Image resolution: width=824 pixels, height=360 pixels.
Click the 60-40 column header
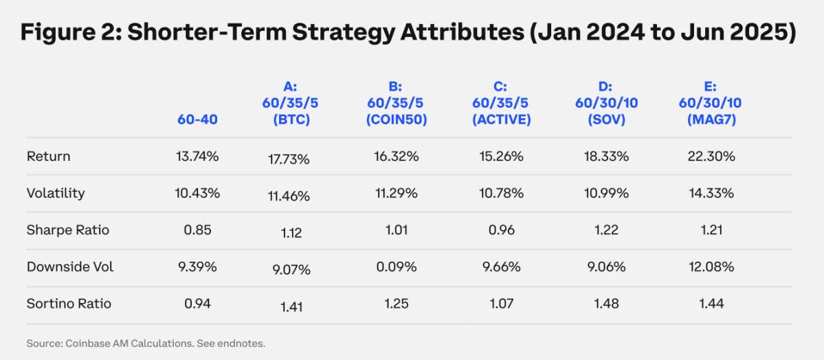click(197, 120)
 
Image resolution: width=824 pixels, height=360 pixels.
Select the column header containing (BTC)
click(289, 103)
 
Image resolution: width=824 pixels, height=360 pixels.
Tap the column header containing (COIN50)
click(395, 103)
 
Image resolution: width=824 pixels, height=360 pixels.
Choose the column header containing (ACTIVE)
click(501, 103)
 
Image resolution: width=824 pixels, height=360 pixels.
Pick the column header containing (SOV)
click(605, 103)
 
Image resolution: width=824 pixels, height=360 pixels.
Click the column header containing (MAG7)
click(711, 103)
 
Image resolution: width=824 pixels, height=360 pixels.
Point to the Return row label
click(49, 156)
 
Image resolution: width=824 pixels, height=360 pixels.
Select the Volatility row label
click(56, 193)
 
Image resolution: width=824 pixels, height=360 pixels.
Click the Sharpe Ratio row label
click(68, 230)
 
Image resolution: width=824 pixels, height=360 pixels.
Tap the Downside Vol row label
click(70, 267)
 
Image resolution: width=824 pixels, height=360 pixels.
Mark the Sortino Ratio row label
click(69, 304)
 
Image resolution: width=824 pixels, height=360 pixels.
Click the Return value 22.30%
click(711, 156)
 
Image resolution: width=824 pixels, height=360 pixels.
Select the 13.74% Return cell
click(197, 156)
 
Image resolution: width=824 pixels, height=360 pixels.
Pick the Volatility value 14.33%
click(711, 193)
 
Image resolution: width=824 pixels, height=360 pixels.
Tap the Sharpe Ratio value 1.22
click(605, 230)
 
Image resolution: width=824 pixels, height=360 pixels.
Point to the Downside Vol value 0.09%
click(395, 267)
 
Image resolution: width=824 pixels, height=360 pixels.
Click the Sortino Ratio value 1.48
click(605, 304)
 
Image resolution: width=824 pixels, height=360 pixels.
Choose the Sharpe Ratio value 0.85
click(197, 230)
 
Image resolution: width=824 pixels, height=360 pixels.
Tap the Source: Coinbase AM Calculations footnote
click(146, 343)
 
